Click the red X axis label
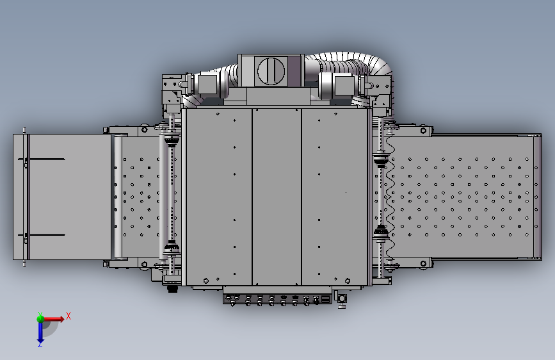[68, 316]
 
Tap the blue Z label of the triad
[40, 344]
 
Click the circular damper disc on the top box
[271, 71]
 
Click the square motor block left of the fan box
[207, 85]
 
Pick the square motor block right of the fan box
[344, 85]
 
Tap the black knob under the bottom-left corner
[172, 289]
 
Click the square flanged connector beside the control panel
[342, 299]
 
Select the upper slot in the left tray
[42, 159]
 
